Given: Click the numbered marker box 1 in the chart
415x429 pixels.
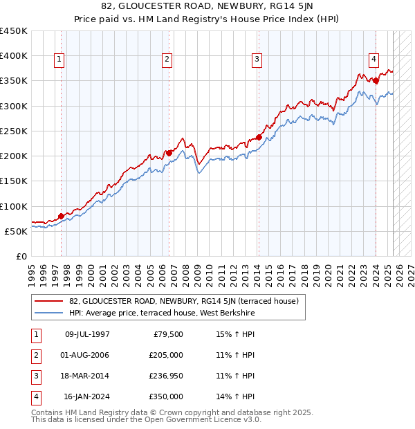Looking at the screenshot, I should [x=59, y=60].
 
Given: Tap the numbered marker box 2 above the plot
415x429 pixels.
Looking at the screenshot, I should [x=167, y=60].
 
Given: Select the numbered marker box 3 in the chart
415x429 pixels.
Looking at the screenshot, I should [x=257, y=60].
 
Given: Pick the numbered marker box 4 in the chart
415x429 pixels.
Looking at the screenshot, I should [x=373, y=60].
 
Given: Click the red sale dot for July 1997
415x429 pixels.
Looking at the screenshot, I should [x=61, y=216].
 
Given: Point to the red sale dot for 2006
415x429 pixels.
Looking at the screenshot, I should [x=169, y=153].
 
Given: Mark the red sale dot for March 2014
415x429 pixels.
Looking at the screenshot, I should [x=259, y=137].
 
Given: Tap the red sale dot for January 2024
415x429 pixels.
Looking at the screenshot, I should [x=376, y=80].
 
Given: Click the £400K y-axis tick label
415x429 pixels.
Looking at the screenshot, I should [x=14, y=56].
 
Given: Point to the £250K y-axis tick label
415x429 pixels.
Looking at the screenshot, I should [x=14, y=131].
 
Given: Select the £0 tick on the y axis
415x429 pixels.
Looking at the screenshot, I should [x=21, y=256].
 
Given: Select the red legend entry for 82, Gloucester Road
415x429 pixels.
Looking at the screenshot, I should [x=183, y=301].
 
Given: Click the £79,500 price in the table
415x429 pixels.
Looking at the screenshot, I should [x=169, y=335].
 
